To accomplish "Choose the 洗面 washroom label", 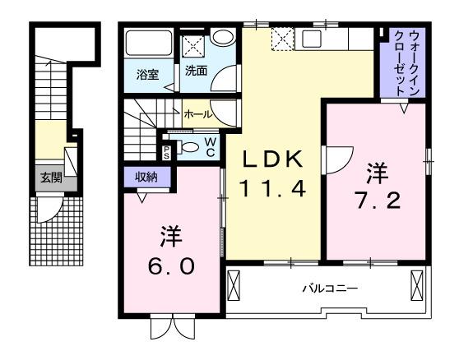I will (x=196, y=72).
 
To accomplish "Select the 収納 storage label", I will (x=146, y=176).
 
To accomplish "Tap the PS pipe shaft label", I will (x=166, y=150).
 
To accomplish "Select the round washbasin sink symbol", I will (x=222, y=38).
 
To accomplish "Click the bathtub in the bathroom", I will (x=148, y=45).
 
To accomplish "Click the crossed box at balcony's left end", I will (x=235, y=287).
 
